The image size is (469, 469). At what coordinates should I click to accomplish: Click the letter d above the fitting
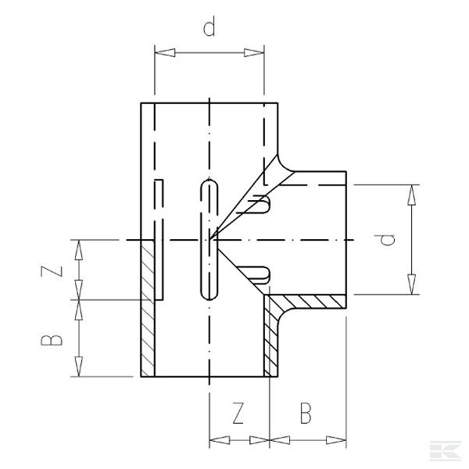(x=209, y=30)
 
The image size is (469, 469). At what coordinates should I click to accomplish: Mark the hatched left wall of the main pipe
(x=148, y=309)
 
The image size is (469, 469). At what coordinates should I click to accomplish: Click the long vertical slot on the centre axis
(x=209, y=239)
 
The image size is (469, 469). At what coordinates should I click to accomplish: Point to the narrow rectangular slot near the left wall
(x=159, y=239)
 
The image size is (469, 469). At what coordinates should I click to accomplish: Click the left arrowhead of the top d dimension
(x=161, y=53)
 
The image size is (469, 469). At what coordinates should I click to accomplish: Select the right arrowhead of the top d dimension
(x=260, y=53)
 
